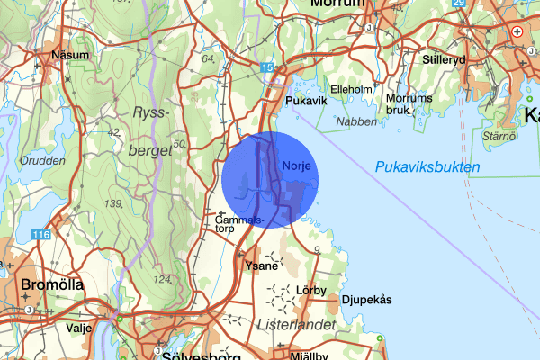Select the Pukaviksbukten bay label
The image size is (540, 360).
[427, 167]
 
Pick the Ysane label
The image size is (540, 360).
[259, 265]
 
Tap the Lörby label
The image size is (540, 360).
[309, 291]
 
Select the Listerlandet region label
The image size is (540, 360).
[296, 323]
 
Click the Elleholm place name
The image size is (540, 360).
[351, 90]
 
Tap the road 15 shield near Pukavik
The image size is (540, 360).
[267, 67]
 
